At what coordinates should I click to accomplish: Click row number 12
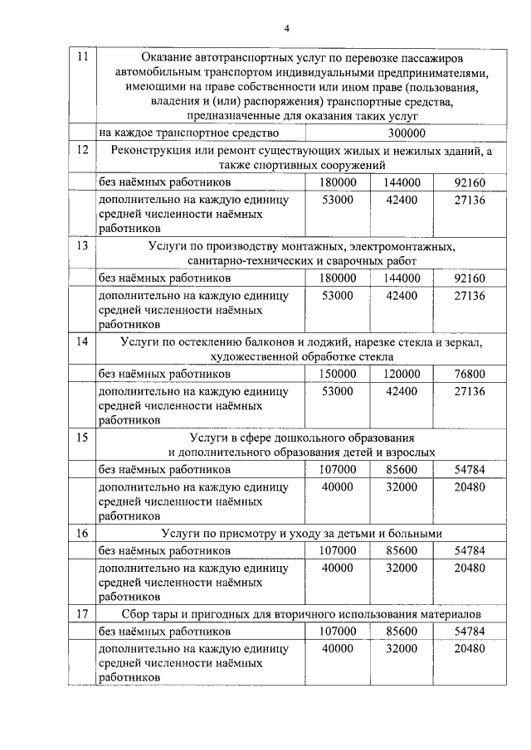(81, 150)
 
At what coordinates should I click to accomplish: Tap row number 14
(81, 341)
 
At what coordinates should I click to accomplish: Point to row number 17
(81, 614)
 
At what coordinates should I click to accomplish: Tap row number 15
(81, 437)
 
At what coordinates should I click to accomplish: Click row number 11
(80, 57)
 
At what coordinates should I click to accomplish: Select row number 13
(81, 246)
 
